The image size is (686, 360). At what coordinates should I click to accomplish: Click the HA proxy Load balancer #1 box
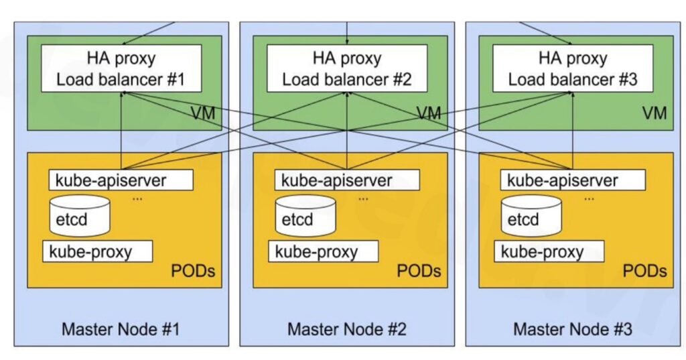121,68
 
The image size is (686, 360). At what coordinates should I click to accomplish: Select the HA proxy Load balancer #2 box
346,68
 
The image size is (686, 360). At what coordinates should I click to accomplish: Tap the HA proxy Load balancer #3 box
572,68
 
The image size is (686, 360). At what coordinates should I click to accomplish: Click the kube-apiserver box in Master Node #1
121,180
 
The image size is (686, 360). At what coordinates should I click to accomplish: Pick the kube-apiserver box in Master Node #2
347,180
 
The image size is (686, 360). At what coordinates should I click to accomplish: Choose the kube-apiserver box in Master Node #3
573,180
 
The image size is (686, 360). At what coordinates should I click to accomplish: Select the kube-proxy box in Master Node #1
98,252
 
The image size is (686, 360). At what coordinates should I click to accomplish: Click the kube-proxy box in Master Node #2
324,252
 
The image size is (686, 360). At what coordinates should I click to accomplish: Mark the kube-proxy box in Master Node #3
549,252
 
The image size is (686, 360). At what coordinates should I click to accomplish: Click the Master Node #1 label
121,329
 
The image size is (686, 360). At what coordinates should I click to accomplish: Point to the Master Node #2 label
346,329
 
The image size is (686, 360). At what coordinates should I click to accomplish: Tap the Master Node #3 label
572,329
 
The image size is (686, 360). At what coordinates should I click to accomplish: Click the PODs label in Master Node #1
194,271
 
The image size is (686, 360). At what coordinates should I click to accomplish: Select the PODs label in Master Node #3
645,271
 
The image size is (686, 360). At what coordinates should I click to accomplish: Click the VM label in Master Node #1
202,113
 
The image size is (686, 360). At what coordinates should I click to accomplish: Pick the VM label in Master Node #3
655,113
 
